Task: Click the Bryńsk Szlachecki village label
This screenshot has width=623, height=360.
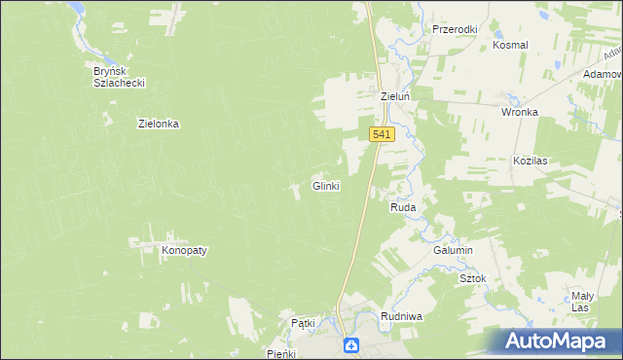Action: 119,77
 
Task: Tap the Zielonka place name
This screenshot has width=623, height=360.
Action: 160,125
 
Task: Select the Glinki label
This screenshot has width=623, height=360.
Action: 325,186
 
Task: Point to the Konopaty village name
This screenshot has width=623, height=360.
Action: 184,250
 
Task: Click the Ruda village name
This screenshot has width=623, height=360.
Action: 403,208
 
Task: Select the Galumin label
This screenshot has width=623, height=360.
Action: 453,250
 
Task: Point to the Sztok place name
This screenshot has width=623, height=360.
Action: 472,278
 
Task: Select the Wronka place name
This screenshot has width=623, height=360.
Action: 520,112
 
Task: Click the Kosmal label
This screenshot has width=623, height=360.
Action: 510,46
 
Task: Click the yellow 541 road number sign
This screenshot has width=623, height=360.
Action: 382,135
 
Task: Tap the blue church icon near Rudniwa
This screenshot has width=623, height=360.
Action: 350,345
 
